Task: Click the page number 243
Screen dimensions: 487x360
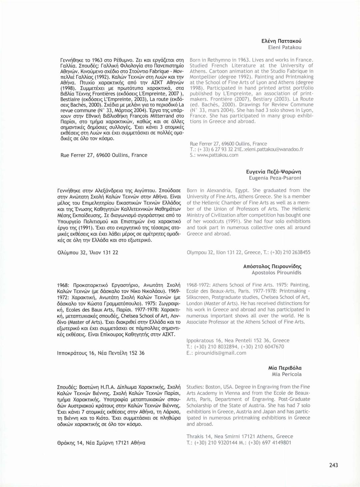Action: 333,465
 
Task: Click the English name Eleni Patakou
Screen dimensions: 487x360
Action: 285,47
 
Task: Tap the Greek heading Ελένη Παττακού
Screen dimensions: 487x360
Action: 281,41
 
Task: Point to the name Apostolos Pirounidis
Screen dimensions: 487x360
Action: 276,273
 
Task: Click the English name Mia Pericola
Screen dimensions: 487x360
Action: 286,374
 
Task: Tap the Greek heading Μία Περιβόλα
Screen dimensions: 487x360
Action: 285,368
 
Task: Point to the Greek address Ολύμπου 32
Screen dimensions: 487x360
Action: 72,253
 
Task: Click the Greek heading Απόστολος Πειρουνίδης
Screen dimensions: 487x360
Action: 272,266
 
